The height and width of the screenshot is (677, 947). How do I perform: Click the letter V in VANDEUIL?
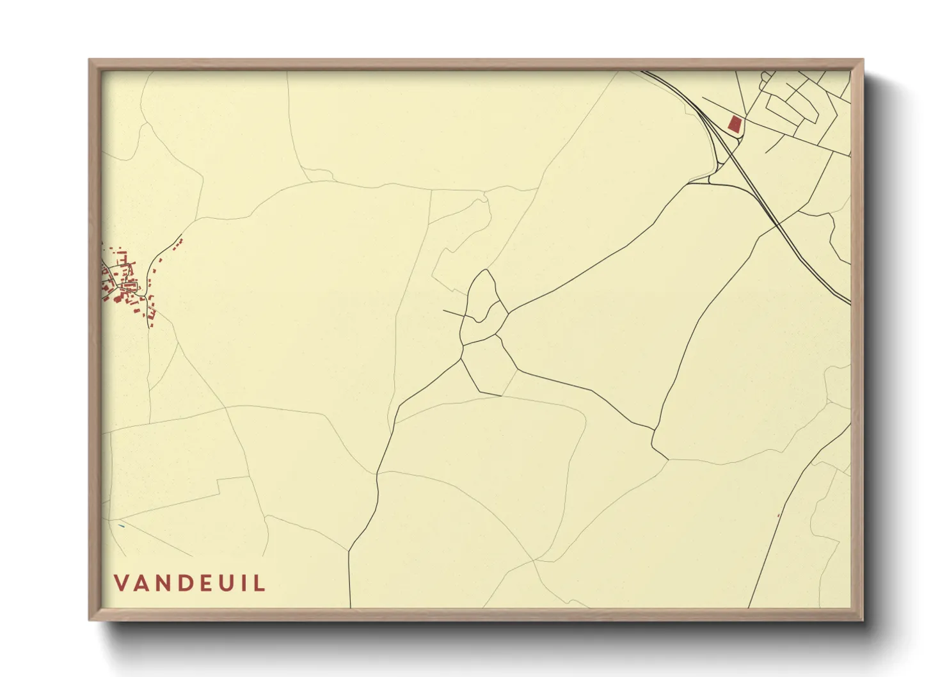(122, 584)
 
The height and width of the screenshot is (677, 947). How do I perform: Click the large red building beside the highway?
(735, 124)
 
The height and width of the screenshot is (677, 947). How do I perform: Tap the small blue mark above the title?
(121, 526)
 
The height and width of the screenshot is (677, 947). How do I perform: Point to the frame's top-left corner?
(90, 60)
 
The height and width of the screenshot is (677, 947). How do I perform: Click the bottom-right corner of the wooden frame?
(863, 620)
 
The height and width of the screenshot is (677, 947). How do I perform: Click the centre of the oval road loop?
(484, 306)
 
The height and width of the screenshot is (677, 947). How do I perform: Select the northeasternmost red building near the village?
(181, 241)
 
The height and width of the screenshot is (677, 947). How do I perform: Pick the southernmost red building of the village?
(152, 325)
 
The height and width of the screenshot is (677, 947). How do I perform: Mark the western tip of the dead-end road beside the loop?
(444, 310)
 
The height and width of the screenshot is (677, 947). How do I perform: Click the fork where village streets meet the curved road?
(148, 295)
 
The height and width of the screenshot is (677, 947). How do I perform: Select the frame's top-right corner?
(863, 60)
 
